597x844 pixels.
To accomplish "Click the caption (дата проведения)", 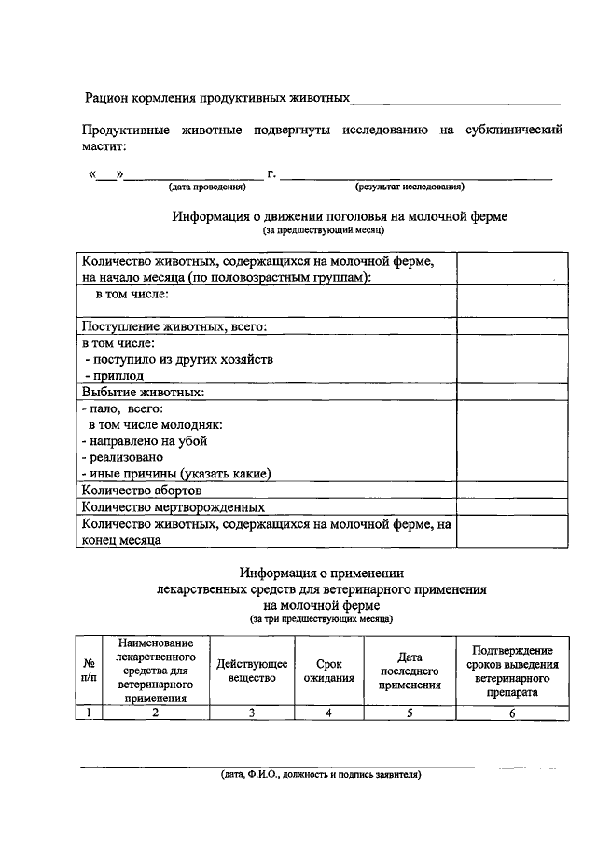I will pos(207,187).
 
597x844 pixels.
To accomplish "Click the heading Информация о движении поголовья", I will pos(340,216).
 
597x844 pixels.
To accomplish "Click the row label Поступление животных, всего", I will pos(174,326).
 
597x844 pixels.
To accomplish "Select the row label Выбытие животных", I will pos(143,392).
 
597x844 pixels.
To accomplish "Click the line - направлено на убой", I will pos(145,441).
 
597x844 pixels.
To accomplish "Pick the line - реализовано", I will pos(122,457).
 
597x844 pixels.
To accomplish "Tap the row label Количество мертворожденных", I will pos(173,507).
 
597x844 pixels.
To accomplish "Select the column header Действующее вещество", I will pos(252,671).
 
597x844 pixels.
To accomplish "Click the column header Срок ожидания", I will pos(328,671).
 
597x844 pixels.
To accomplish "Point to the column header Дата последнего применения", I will pos(410,671).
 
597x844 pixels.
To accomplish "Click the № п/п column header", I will pos(89,671).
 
